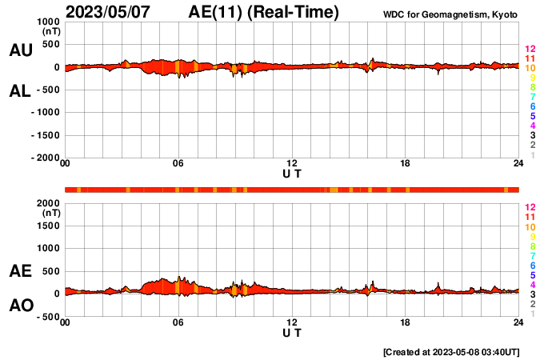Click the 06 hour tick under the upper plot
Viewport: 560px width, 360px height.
(x=178, y=164)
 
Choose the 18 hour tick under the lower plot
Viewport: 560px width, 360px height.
(x=406, y=322)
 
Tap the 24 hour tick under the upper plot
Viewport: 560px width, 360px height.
(x=518, y=164)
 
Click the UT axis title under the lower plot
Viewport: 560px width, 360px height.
(x=292, y=333)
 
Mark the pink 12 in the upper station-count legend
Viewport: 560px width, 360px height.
(x=530, y=50)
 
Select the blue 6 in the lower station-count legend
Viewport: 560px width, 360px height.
(x=532, y=265)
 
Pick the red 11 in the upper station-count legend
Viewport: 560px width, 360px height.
(x=530, y=59)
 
